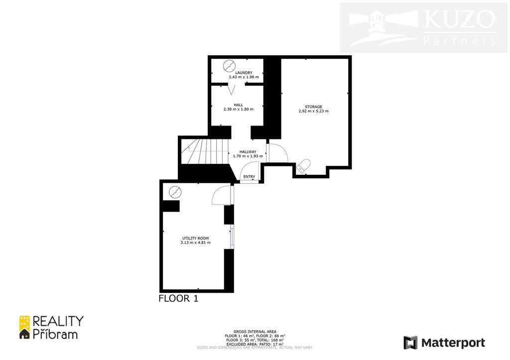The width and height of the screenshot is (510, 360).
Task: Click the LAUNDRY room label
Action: click(x=244, y=73)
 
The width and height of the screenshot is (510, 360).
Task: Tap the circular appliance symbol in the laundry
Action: click(x=229, y=66)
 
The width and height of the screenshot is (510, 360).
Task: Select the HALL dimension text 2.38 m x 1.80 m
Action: click(x=239, y=109)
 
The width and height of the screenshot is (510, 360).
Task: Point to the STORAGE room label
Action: click(x=314, y=107)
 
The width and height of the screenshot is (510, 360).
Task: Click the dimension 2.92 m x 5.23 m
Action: click(x=314, y=111)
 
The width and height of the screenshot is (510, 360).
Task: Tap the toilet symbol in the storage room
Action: click(x=303, y=166)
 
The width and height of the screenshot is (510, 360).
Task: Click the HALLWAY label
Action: click(x=248, y=152)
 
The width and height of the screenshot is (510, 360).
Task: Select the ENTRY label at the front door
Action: click(x=250, y=177)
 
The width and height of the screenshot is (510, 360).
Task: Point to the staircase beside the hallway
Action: click(x=205, y=151)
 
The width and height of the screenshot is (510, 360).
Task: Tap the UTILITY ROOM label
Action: click(x=195, y=238)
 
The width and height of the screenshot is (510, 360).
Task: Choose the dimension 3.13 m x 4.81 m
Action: click(x=195, y=242)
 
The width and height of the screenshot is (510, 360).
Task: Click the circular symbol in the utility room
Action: click(x=175, y=192)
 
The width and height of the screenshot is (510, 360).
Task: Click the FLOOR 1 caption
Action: click(x=178, y=299)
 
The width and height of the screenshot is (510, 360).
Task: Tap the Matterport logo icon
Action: click(x=410, y=343)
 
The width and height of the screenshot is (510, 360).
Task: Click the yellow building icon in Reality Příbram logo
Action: click(x=25, y=327)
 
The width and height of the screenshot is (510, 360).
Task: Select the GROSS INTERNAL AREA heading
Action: click(x=255, y=332)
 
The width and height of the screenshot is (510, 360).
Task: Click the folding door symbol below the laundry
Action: click(x=231, y=90)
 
